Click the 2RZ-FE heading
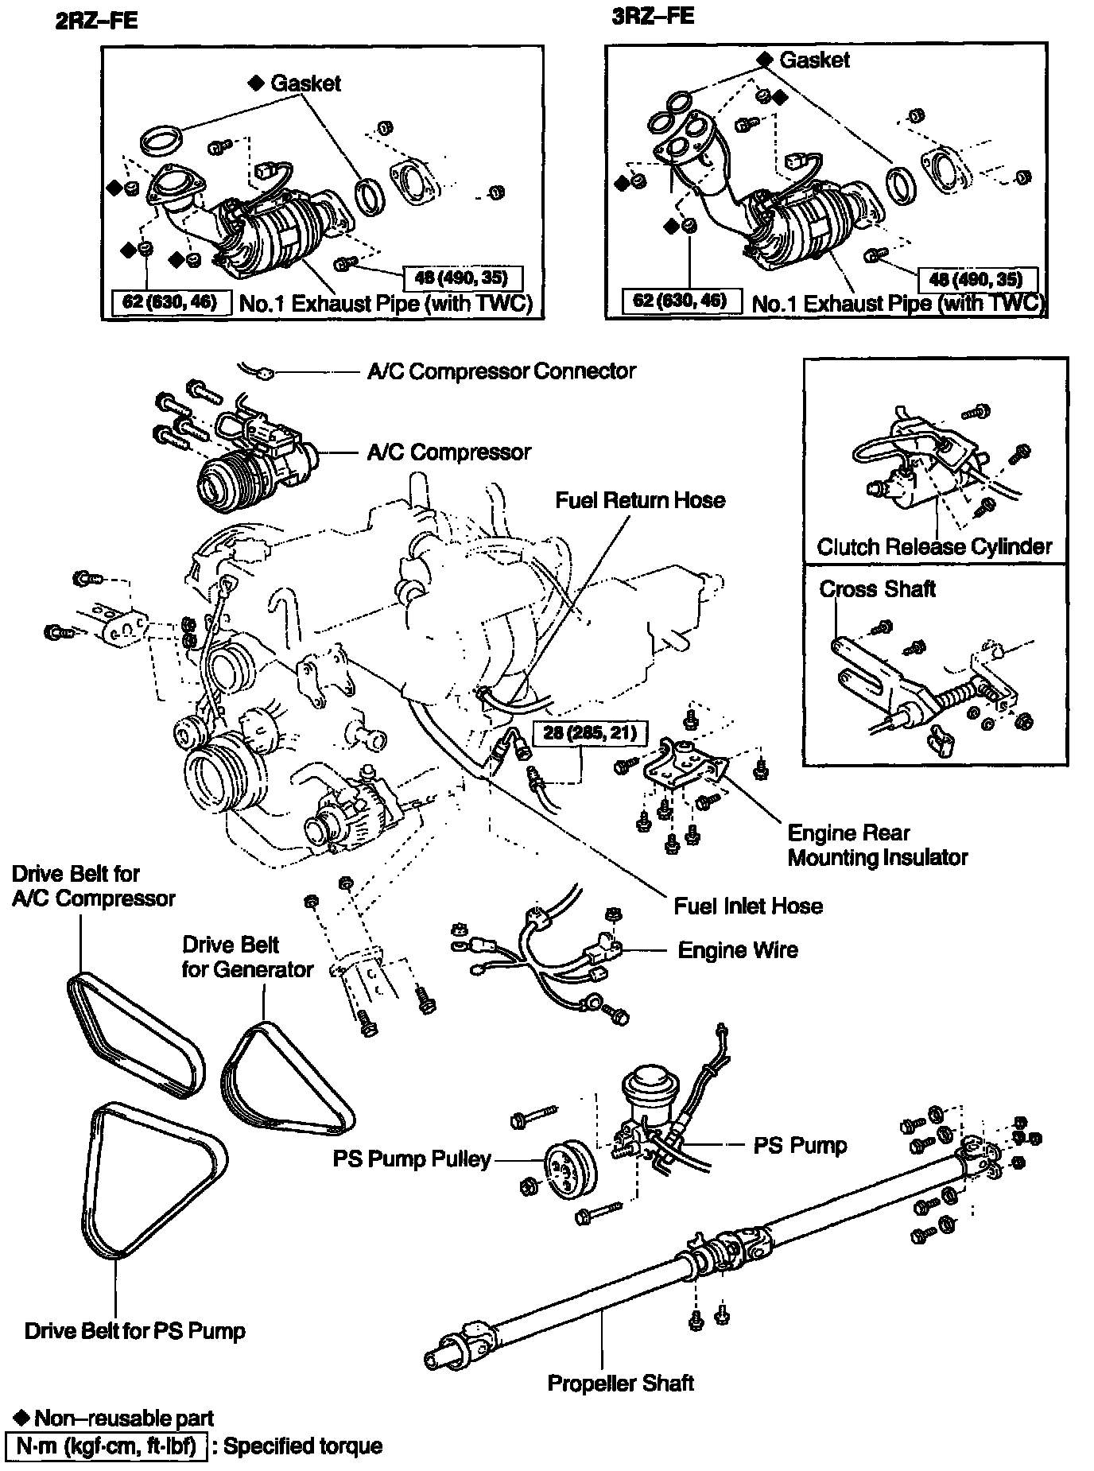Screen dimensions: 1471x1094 pos(96,21)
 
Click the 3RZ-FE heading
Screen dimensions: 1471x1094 pos(653,17)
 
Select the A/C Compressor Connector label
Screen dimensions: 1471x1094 pos(501,371)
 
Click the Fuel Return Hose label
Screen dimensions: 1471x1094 pos(640,500)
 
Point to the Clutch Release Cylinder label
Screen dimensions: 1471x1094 pos(934,547)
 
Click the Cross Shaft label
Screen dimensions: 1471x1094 pos(877,589)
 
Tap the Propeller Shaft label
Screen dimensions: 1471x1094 pos(620,1384)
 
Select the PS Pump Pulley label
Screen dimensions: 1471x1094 pos(412,1159)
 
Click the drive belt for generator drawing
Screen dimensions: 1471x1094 pos(286,1078)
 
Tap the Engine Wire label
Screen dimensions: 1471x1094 pos(737,950)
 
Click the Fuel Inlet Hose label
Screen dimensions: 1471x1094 pos(747,906)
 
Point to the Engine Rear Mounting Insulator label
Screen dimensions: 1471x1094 pos(877,845)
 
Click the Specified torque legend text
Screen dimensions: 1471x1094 pos(303,1446)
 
